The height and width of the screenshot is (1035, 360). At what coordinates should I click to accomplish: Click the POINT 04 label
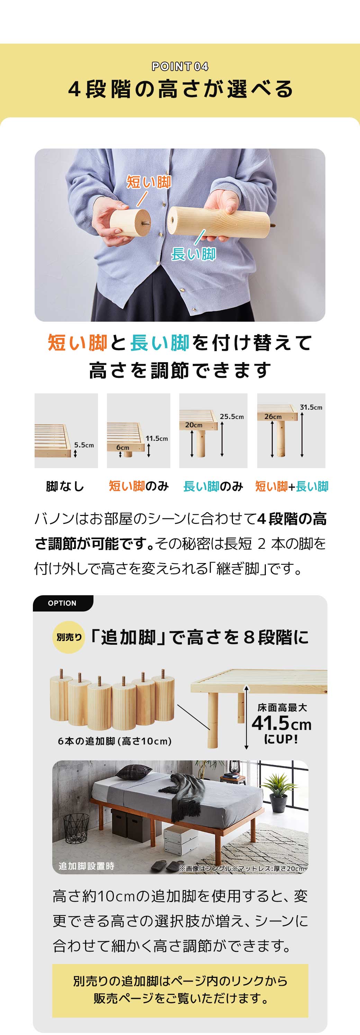[x=180, y=66]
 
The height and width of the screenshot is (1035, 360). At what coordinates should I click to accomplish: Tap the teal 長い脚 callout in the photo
[x=193, y=254]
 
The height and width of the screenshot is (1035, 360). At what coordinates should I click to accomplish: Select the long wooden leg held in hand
[x=219, y=221]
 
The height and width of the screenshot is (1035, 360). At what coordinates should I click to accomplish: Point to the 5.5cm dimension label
[x=84, y=445]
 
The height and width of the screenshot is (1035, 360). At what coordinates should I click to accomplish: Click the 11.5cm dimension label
[x=157, y=438]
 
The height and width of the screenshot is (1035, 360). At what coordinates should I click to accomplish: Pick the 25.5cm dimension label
[x=232, y=417]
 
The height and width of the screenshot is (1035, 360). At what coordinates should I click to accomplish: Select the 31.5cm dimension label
[x=311, y=407]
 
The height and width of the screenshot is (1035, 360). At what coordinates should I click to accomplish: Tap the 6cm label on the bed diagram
[x=123, y=447]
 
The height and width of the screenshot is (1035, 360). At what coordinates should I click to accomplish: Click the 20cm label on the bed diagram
[x=193, y=425]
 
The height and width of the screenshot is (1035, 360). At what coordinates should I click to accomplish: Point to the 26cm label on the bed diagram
[x=273, y=417]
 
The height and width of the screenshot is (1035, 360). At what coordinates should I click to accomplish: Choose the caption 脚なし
[x=65, y=487]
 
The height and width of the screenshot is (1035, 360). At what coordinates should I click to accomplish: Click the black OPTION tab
[x=62, y=603]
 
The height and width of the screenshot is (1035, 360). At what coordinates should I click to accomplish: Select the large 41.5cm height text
[x=281, y=724]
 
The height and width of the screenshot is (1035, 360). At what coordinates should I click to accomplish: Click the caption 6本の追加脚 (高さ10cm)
[x=115, y=741]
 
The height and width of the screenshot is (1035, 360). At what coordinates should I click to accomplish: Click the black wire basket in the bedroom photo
[x=76, y=828]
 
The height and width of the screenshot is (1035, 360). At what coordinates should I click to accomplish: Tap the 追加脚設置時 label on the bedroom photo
[x=87, y=866]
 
